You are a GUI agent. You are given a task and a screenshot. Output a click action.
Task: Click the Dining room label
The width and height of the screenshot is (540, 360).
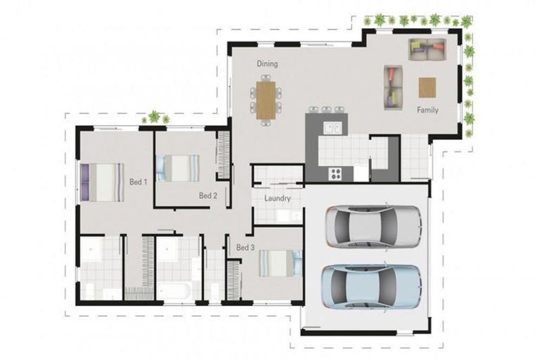(x=266, y=64)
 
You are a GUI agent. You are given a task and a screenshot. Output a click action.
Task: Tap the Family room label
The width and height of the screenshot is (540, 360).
(x=427, y=110)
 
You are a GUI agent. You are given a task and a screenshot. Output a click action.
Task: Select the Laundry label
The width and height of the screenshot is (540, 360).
(x=278, y=198)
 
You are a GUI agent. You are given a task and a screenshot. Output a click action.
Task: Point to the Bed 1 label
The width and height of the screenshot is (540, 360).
(x=138, y=182)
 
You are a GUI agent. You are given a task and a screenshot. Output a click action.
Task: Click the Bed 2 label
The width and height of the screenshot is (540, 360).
(x=207, y=195)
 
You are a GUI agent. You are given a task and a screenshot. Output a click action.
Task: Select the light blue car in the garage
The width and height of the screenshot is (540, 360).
(x=371, y=285)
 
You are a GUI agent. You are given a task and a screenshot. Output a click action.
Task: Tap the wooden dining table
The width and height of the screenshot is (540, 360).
(x=266, y=99)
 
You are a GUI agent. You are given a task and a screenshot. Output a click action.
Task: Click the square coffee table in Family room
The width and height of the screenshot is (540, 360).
(x=427, y=87)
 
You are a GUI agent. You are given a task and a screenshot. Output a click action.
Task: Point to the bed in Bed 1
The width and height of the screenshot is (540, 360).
(x=101, y=182)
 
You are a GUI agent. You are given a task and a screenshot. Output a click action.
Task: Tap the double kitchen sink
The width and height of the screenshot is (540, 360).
(x=332, y=129)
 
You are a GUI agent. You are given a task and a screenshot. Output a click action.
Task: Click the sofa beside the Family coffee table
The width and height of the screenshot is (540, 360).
(x=392, y=87)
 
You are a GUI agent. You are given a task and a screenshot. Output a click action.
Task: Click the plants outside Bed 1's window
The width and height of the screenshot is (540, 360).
(x=155, y=118)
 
